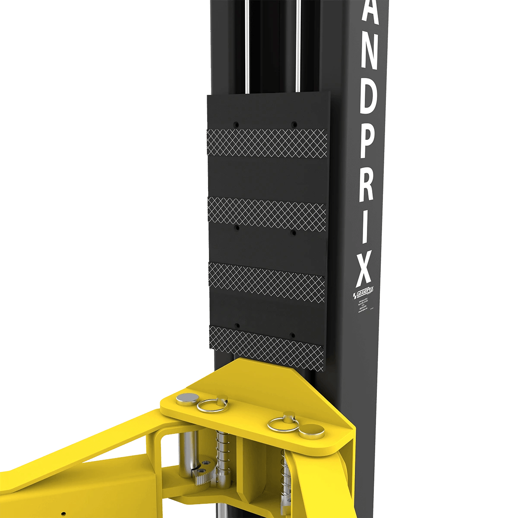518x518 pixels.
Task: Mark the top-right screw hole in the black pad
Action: [x=294, y=123]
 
